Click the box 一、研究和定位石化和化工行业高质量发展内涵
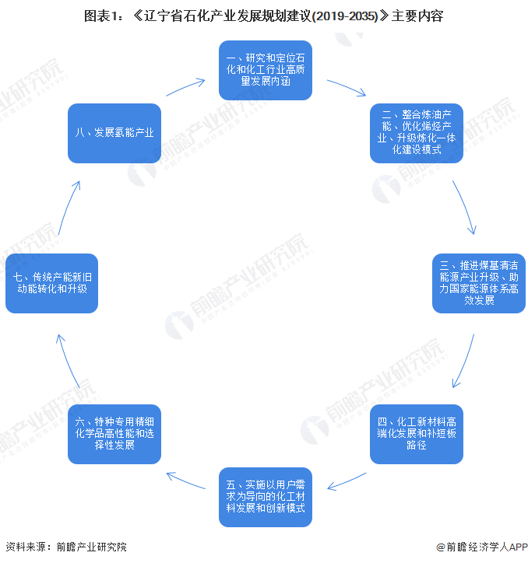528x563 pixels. [x=265, y=71]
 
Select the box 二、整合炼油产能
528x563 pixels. [x=417, y=133]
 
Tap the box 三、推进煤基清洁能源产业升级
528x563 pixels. [x=479, y=283]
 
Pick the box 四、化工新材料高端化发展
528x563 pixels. [x=417, y=434]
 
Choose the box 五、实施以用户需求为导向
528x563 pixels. [x=265, y=495]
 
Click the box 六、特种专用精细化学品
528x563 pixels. [x=114, y=434]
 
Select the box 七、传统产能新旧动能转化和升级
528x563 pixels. [x=51, y=283]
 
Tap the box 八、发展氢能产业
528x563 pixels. [x=114, y=133]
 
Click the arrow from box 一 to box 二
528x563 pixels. [x=347, y=87]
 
